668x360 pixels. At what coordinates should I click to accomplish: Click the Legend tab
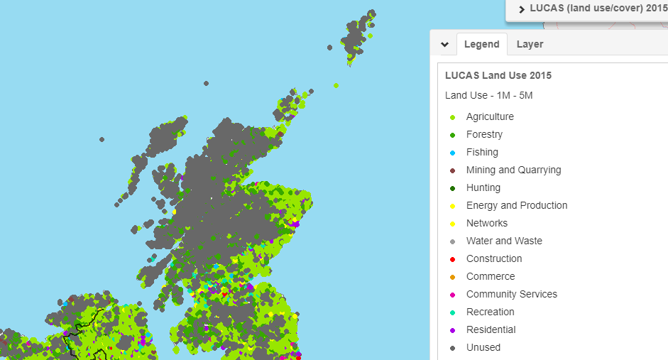pos(481,44)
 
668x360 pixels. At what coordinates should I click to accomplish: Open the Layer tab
pos(530,44)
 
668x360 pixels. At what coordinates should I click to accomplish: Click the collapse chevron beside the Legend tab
pos(444,44)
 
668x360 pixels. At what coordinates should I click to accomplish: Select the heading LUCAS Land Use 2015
pos(498,75)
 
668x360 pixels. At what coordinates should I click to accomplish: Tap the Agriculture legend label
pos(490,116)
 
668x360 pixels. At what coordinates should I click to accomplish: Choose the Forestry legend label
pos(484,134)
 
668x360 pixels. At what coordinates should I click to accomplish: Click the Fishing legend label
pos(482,152)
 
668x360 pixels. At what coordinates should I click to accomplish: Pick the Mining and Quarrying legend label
pos(513,170)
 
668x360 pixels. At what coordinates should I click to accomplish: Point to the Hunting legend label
pos(483,187)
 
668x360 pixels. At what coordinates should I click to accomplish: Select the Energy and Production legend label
pos(517,205)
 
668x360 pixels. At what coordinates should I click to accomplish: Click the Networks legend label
pos(487,223)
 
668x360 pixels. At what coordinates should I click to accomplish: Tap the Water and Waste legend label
pos(504,241)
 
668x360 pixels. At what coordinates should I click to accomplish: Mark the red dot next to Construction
pos(452,259)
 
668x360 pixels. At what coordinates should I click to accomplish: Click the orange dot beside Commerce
pos(452,277)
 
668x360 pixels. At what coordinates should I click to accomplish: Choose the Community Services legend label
pos(511,294)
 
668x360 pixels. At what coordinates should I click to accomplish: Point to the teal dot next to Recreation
pos(452,312)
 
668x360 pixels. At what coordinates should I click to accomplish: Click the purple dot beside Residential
pos(452,330)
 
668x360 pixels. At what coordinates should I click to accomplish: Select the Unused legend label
pos(483,347)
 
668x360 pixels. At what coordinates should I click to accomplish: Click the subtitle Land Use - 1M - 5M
pos(488,95)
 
